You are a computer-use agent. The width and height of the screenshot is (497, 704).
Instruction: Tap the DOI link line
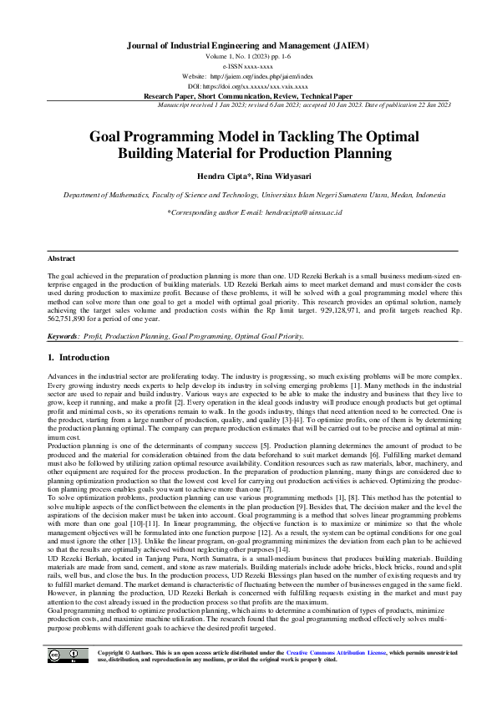tap(247, 86)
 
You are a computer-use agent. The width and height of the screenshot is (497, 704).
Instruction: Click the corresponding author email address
tap(288, 213)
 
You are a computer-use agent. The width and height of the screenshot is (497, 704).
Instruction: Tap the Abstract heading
tap(61, 259)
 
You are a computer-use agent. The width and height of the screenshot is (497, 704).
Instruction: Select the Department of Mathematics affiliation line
tap(247, 194)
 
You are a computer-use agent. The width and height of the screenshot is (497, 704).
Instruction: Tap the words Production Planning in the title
tap(324, 154)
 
